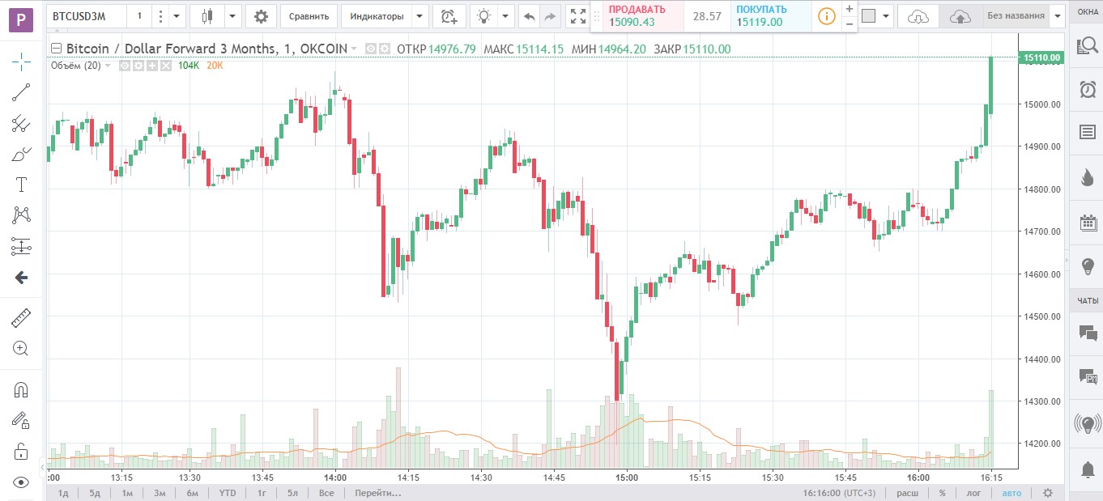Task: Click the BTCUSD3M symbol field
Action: (x=86, y=15)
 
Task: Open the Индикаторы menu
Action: (x=377, y=15)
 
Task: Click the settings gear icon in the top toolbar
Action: (x=260, y=15)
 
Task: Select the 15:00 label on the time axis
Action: (x=627, y=478)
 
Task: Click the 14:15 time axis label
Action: (x=408, y=478)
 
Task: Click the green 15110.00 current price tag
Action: (x=1042, y=57)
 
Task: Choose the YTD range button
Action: (x=228, y=493)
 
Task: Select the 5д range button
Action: (x=95, y=493)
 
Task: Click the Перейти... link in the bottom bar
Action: (x=377, y=493)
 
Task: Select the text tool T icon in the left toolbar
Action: (x=21, y=185)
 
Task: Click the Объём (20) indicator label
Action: (x=75, y=66)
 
